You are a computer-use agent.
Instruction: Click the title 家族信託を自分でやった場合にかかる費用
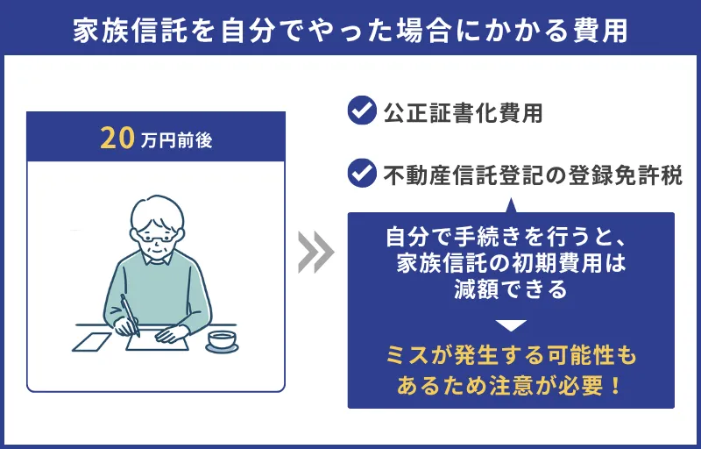tap(350, 29)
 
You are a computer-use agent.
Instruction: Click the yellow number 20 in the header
tap(117, 139)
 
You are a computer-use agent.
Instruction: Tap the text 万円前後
tap(175, 140)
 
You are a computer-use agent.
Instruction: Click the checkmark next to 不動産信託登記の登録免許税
tap(361, 173)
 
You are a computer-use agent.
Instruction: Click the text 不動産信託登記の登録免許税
tap(533, 174)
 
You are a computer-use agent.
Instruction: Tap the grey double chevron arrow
tap(315, 253)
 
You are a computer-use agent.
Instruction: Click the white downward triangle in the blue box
tap(511, 325)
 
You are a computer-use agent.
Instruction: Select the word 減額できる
tap(511, 289)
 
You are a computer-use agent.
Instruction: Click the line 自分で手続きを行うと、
tap(511, 237)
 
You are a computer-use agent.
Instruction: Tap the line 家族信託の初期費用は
tap(511, 263)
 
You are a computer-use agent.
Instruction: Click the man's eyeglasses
tap(157, 236)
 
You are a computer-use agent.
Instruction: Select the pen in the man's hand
tap(130, 313)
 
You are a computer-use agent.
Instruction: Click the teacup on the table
tap(222, 340)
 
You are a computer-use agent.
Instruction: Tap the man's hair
tap(156, 210)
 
